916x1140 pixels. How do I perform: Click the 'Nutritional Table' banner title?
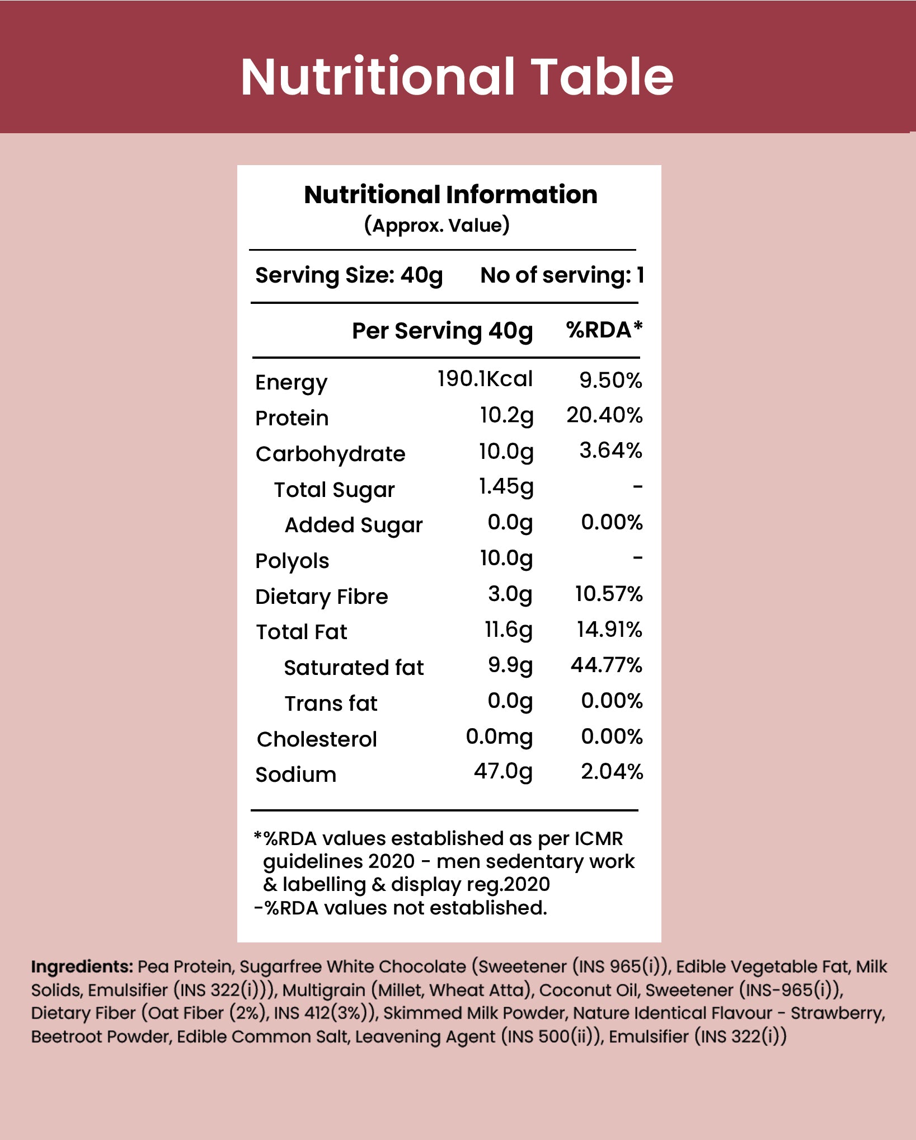click(x=457, y=77)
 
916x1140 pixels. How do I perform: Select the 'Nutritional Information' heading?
click(x=450, y=195)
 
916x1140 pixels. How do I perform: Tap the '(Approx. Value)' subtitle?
click(x=436, y=225)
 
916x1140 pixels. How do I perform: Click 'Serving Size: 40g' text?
click(x=349, y=275)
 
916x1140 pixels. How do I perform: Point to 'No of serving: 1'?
click(x=562, y=275)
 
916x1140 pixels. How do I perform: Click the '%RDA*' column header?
click(x=604, y=330)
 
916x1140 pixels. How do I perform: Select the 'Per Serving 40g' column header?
click(x=442, y=331)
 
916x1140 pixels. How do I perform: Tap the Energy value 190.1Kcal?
click(x=485, y=379)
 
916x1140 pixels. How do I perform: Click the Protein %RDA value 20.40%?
click(x=604, y=415)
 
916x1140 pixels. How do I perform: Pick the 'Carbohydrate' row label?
click(x=330, y=454)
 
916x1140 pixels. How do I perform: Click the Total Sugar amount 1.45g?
click(x=506, y=487)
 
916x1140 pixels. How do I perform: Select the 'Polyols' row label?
click(x=292, y=561)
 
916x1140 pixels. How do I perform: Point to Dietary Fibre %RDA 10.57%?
click(x=608, y=594)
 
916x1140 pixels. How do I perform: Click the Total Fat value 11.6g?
click(x=508, y=630)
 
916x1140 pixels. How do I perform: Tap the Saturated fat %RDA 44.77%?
click(x=606, y=665)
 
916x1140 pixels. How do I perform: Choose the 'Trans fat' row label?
click(x=331, y=703)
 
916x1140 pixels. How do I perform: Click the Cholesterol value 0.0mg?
click(x=499, y=736)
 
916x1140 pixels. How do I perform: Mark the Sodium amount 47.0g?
click(x=502, y=772)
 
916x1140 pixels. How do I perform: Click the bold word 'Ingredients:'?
click(x=82, y=967)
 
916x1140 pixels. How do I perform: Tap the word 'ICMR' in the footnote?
click(x=598, y=838)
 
